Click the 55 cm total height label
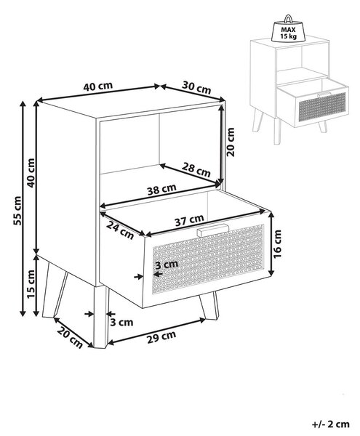click(x=17, y=210)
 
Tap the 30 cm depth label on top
click(x=196, y=88)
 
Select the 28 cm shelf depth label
click(x=196, y=169)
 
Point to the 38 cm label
click(x=161, y=190)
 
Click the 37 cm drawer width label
click(x=189, y=220)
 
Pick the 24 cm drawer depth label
click(x=120, y=230)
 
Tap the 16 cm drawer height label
click(x=277, y=244)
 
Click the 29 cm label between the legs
click(x=161, y=336)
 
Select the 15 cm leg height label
click(x=31, y=284)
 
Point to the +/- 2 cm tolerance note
click(x=330, y=424)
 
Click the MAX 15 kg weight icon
click(x=288, y=28)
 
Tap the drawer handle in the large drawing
click(x=212, y=230)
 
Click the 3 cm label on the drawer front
click(x=167, y=265)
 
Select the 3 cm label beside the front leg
click(x=121, y=322)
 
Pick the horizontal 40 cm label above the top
click(x=98, y=86)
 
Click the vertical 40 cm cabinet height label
click(x=31, y=173)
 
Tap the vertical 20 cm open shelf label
click(x=231, y=142)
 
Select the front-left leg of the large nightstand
click(x=100, y=317)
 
